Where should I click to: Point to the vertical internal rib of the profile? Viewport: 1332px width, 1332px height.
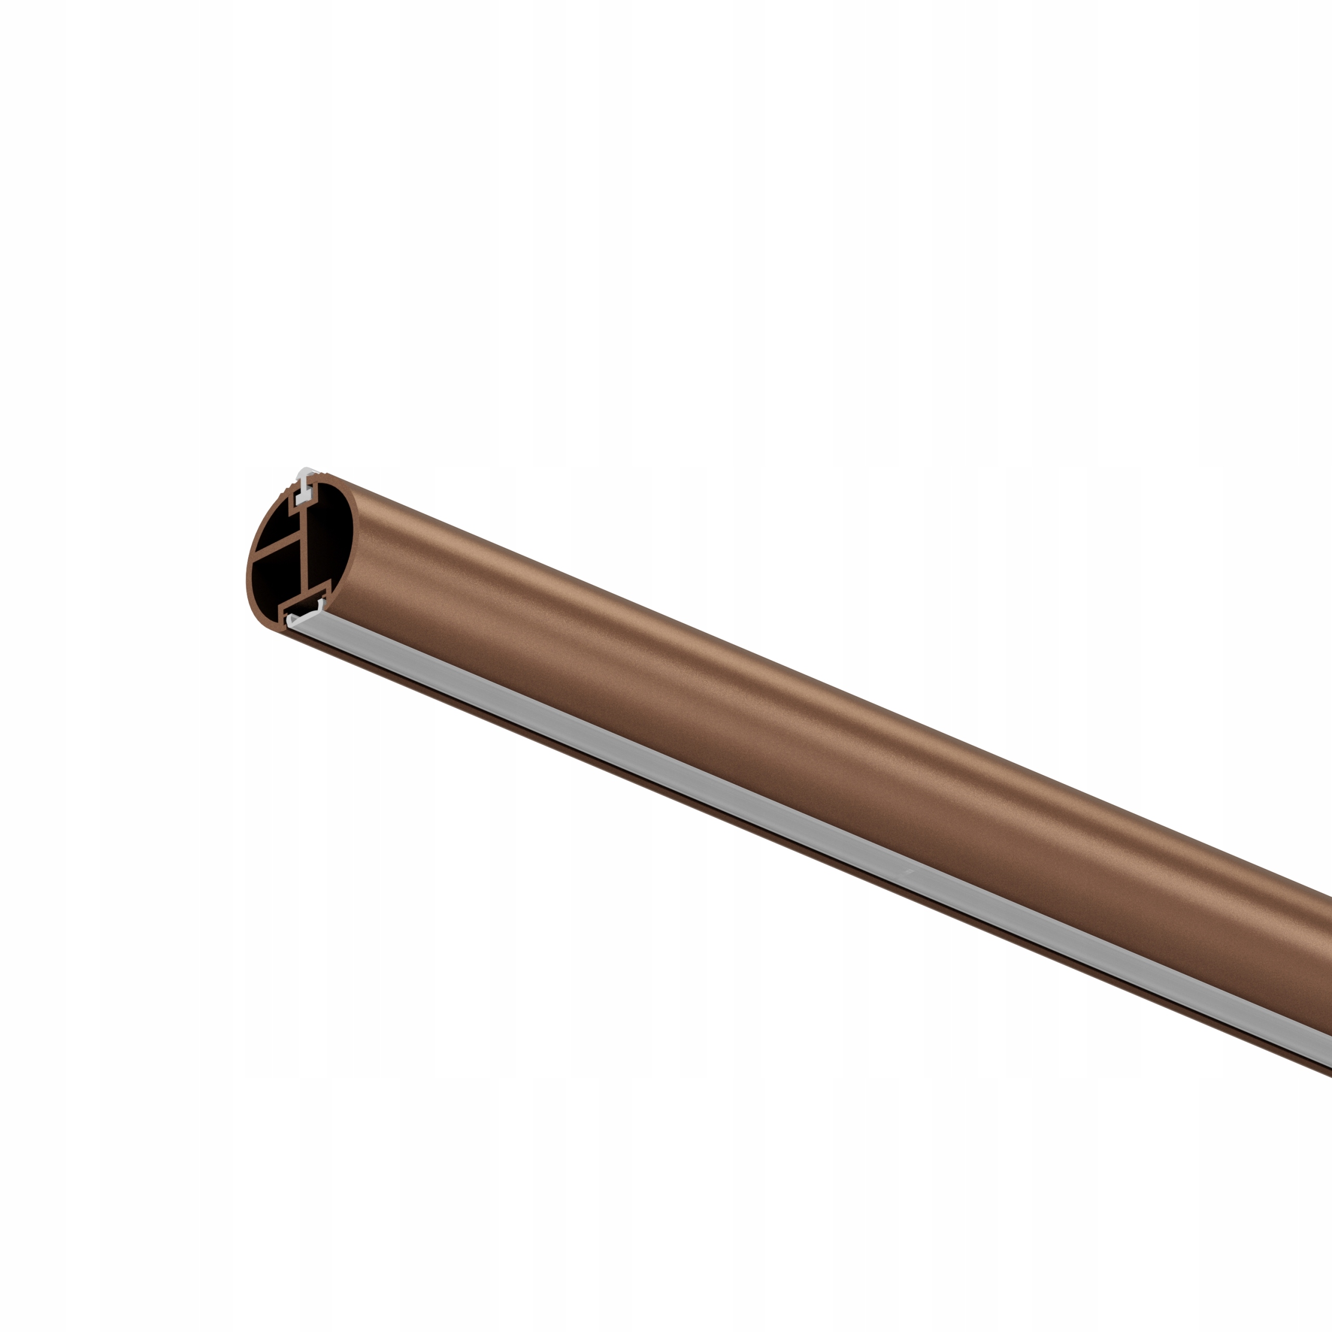pyautogui.click(x=304, y=555)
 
